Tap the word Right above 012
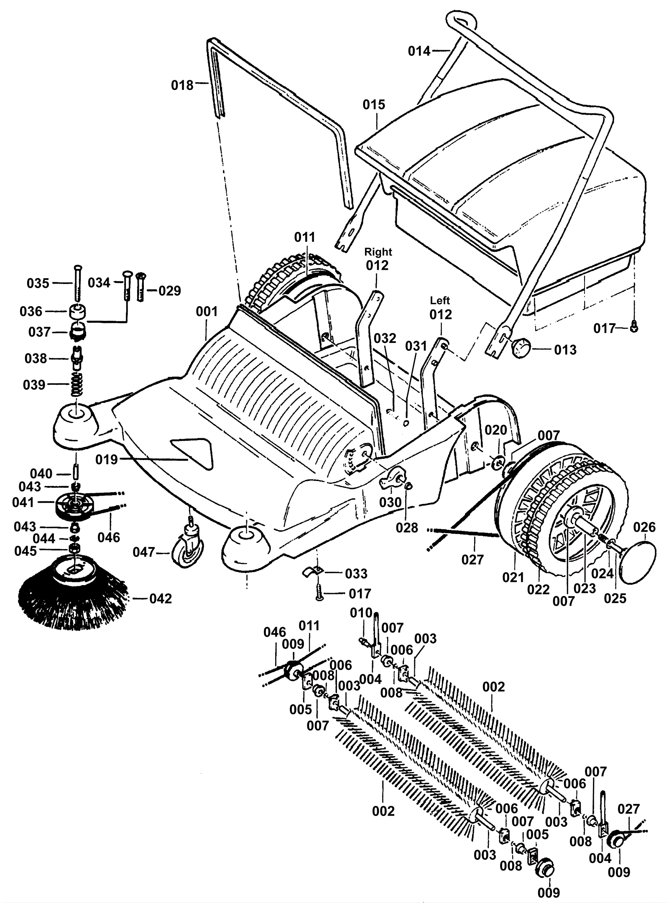click(378, 252)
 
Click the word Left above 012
click(440, 300)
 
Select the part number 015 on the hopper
click(374, 105)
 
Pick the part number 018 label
click(182, 85)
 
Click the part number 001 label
click(207, 312)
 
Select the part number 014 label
click(419, 51)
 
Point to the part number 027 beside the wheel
click(472, 559)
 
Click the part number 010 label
click(361, 613)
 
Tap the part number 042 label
click(161, 599)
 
